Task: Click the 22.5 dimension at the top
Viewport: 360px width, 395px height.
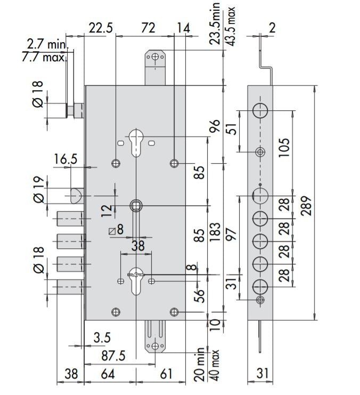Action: (101, 28)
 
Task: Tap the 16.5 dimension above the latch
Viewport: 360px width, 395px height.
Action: (66, 159)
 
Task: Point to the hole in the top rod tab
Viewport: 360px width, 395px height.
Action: (154, 57)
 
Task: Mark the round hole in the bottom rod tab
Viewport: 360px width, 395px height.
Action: (154, 346)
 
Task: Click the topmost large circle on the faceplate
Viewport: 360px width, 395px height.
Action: (260, 110)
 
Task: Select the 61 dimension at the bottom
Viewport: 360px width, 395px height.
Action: (166, 374)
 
